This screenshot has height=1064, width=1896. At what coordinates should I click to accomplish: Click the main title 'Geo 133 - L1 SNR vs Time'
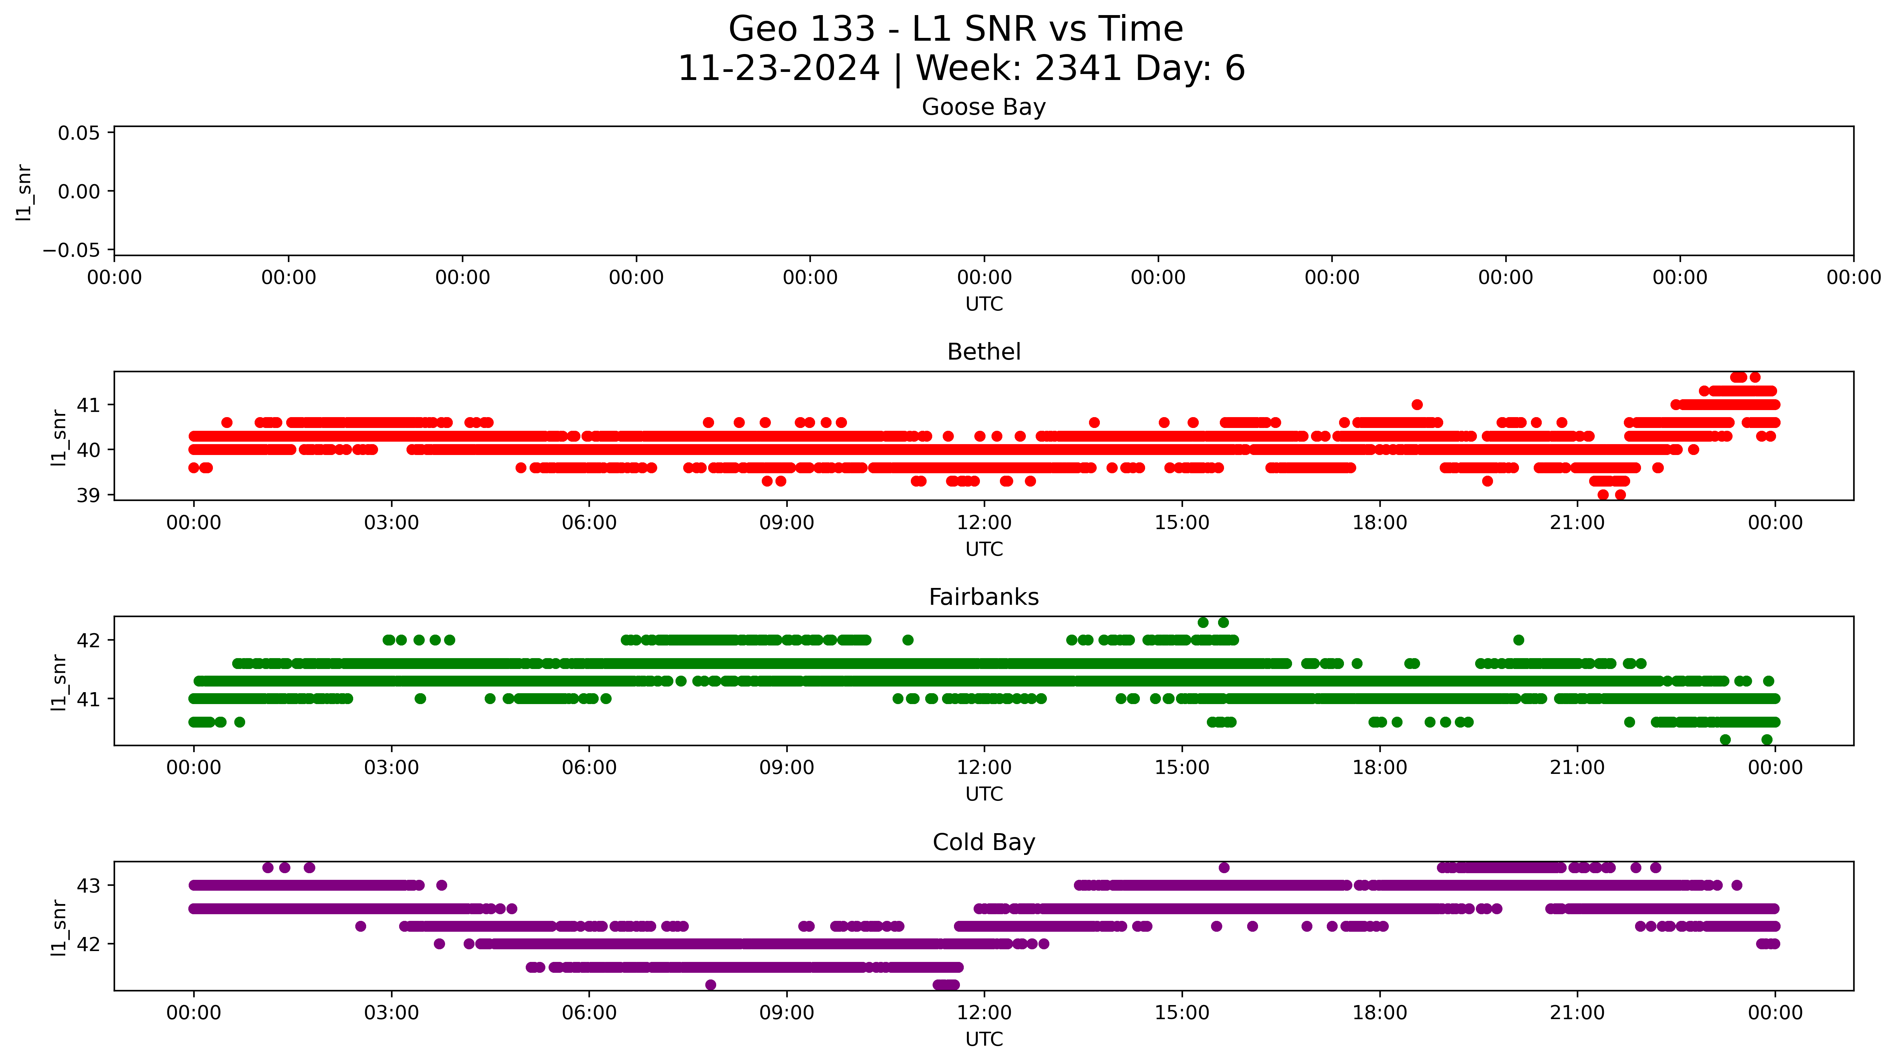[x=955, y=29]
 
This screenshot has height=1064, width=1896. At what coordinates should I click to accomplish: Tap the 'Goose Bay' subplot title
[x=983, y=107]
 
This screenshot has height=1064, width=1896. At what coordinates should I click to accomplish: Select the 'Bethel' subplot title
[x=983, y=352]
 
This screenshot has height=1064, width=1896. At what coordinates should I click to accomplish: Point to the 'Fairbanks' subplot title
[x=983, y=597]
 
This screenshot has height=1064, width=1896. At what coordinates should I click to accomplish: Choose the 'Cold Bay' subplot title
[x=983, y=842]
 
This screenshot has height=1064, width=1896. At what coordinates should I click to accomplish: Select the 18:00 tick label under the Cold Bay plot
[x=1379, y=1013]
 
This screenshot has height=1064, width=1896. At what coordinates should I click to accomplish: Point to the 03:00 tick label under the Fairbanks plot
[x=391, y=768]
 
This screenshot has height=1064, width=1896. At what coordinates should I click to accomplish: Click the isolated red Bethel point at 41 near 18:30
[x=1417, y=404]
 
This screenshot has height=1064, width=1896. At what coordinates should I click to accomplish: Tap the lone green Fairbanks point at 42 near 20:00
[x=1518, y=640]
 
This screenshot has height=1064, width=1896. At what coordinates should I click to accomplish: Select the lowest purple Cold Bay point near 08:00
[x=710, y=985]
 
